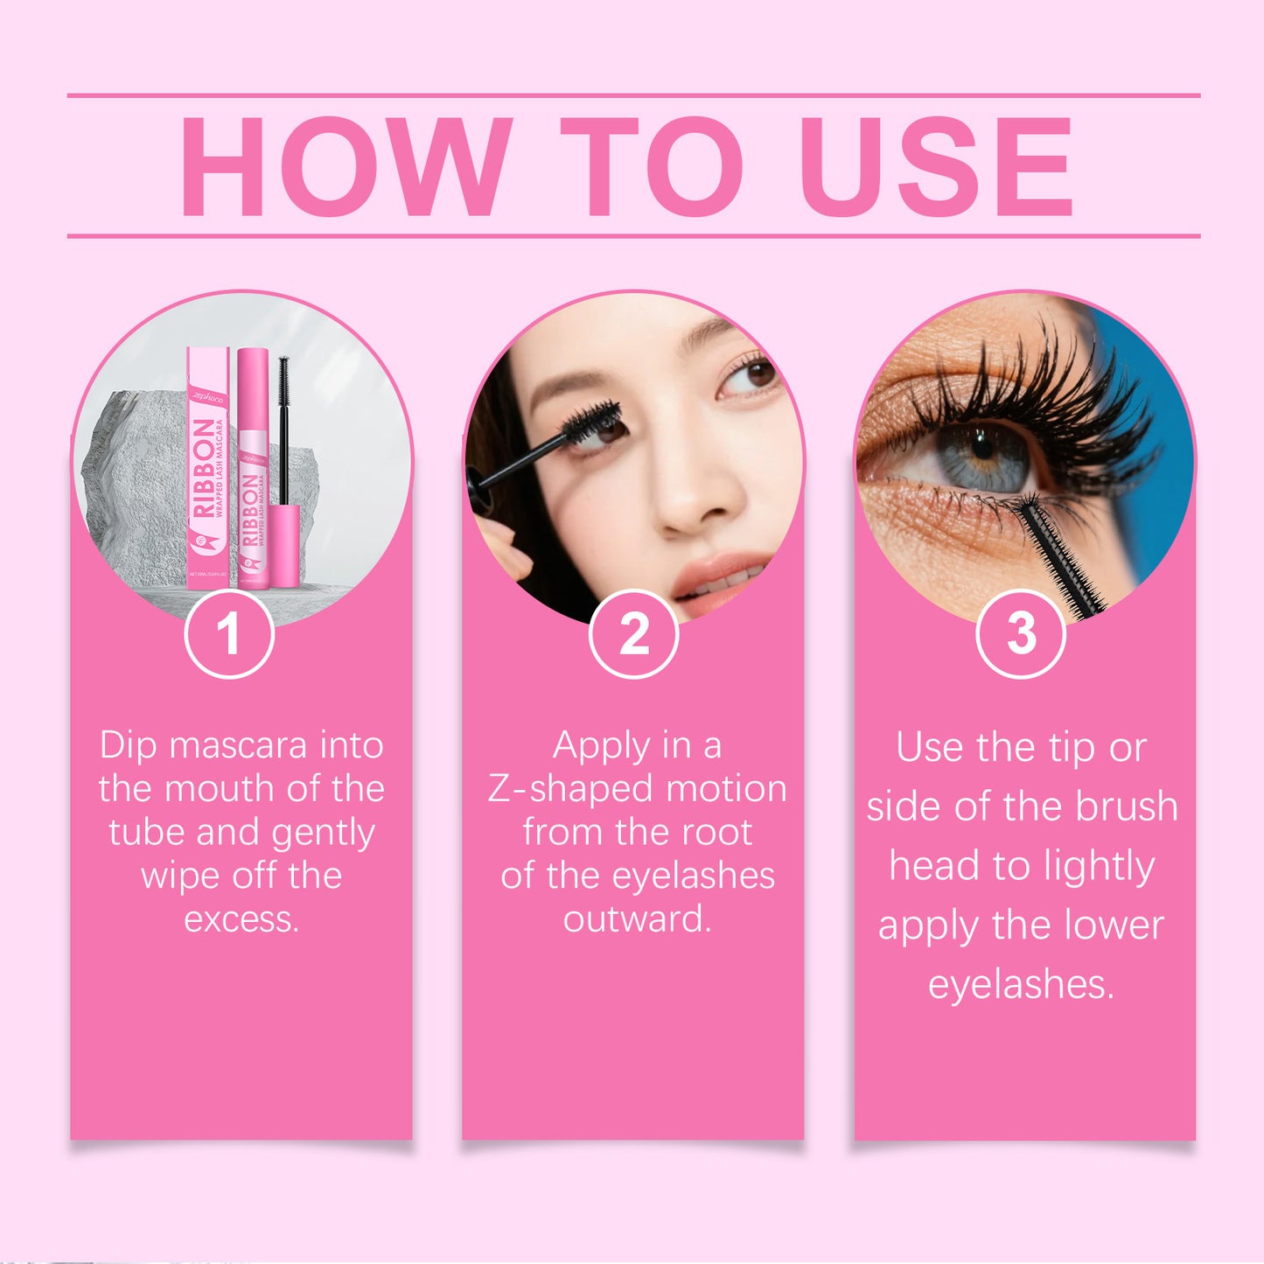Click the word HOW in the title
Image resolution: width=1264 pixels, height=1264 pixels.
(x=346, y=166)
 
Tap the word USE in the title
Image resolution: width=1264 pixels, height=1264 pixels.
(x=935, y=166)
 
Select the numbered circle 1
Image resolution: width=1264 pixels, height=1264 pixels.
(x=229, y=634)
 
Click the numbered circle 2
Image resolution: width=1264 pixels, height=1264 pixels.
(x=634, y=634)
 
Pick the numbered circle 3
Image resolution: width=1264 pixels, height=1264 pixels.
(x=1021, y=634)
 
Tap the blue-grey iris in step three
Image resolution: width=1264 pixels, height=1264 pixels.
(x=984, y=455)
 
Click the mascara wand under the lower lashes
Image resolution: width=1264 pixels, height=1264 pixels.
(x=1063, y=551)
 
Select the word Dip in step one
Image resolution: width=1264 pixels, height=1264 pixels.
(x=128, y=746)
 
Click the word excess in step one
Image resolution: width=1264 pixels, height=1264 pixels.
(x=241, y=919)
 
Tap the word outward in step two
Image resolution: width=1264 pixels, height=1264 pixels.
(x=636, y=919)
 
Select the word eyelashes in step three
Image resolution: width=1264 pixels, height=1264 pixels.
(x=1020, y=985)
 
